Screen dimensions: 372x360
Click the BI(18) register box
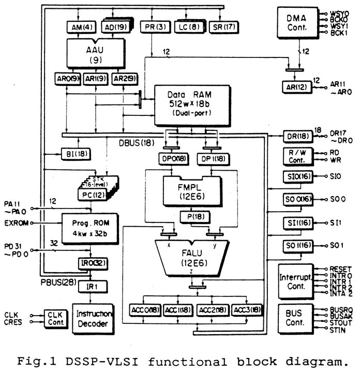pos(68,154)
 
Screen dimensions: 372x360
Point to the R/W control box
pos(295,156)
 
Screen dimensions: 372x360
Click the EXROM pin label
pos(16,223)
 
